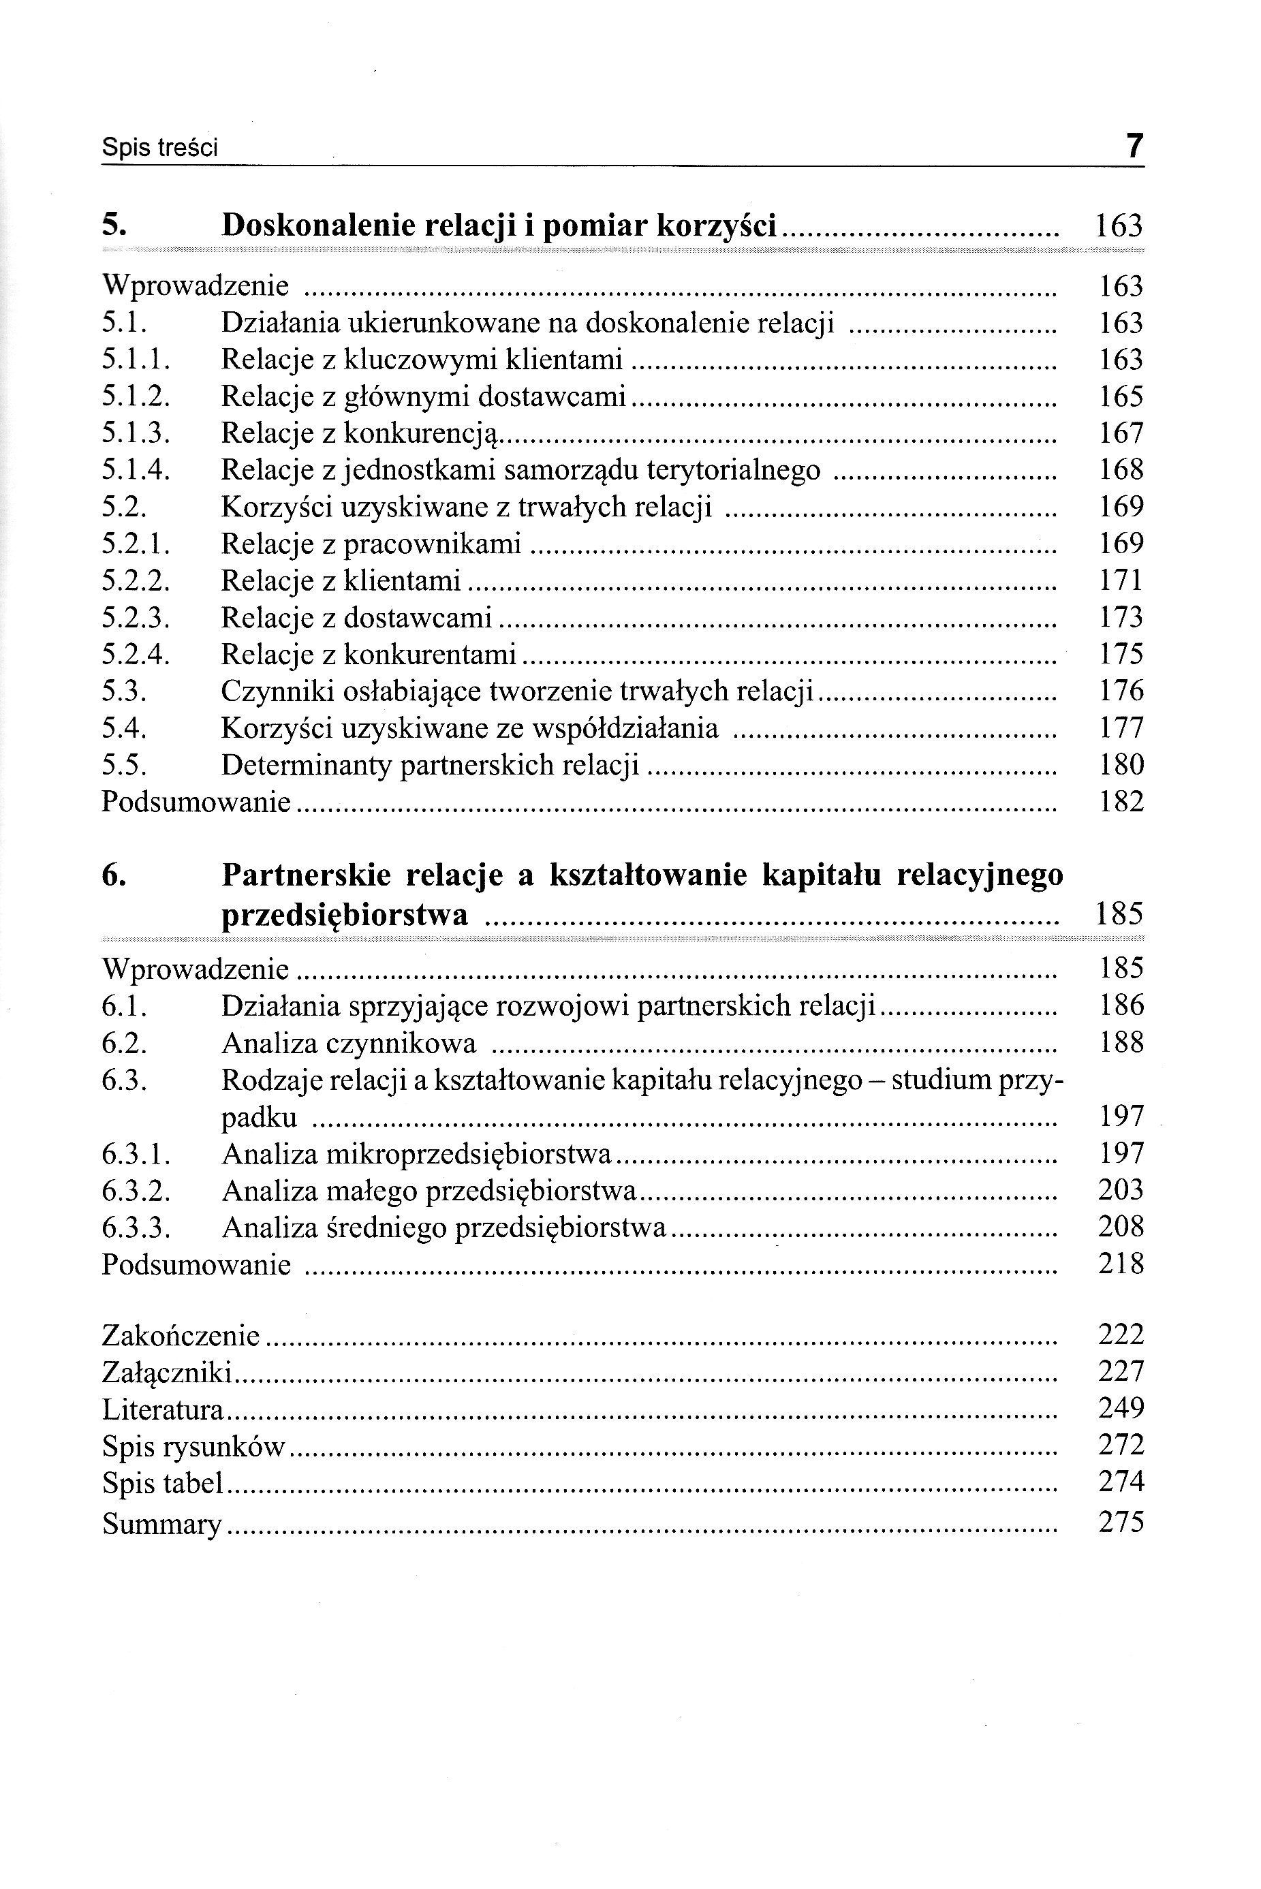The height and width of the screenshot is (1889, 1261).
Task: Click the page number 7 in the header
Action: point(1133,146)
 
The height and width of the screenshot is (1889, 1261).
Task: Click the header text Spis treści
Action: point(160,149)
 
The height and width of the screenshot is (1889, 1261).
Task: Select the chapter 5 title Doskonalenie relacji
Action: point(499,225)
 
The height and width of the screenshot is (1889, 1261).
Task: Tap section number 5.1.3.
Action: point(136,433)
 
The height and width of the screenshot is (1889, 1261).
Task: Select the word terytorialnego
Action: point(734,471)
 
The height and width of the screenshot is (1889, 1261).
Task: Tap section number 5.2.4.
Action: point(136,655)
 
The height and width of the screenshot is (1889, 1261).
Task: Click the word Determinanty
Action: point(306,766)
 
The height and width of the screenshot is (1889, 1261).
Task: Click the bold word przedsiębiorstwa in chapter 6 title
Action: point(344,915)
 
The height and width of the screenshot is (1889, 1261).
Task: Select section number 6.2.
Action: point(124,1043)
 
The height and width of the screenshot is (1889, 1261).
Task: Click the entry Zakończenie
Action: point(181,1336)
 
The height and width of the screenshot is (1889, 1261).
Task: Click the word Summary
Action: point(161,1524)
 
